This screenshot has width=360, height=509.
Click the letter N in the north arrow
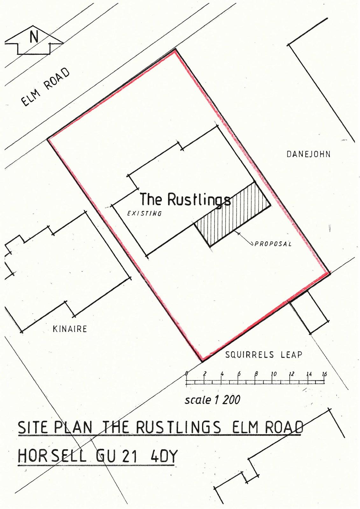[34, 37]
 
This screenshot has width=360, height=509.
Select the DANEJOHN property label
[308, 155]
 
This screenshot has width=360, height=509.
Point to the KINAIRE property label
[70, 329]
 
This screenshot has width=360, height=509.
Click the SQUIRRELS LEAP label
[264, 355]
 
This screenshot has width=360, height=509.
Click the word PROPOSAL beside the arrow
[273, 244]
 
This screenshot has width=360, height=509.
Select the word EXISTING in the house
[144, 213]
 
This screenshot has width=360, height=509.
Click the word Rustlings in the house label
[199, 200]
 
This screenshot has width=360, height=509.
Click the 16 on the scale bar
[324, 374]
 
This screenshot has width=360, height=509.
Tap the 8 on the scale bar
[256, 374]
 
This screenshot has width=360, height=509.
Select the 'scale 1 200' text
[212, 400]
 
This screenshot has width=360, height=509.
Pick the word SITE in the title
[33, 427]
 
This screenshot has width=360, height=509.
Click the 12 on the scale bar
[292, 374]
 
